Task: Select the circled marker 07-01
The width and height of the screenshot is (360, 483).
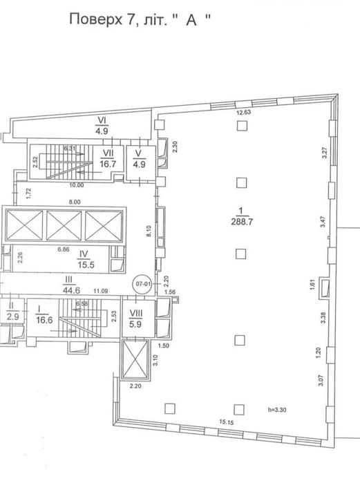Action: pyautogui.click(x=143, y=283)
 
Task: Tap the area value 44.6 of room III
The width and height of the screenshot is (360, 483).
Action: pyautogui.click(x=69, y=290)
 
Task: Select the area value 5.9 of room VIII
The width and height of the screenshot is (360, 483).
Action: pyautogui.click(x=135, y=321)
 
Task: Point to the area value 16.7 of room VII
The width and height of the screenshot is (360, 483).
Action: pyautogui.click(x=108, y=164)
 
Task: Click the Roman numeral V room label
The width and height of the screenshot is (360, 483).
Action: pyautogui.click(x=138, y=152)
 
